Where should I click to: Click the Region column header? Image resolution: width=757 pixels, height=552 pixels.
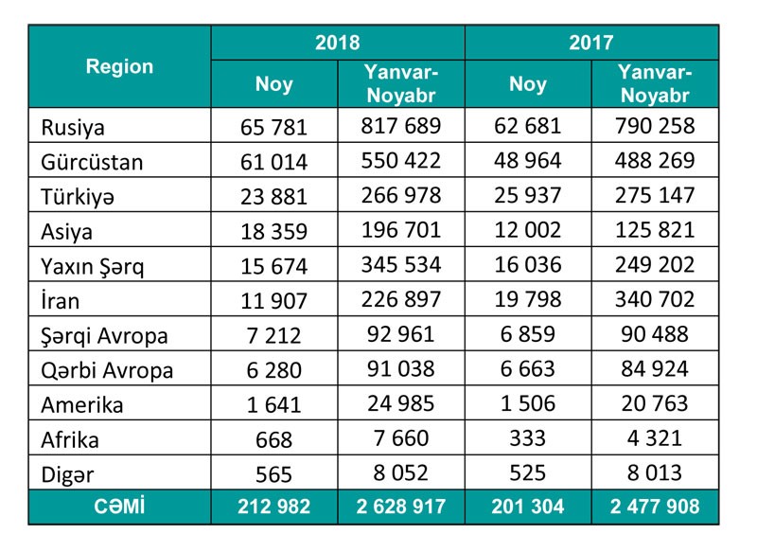click(119, 66)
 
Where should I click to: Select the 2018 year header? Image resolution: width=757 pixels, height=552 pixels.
click(338, 43)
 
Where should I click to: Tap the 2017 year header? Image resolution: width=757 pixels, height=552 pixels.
click(591, 43)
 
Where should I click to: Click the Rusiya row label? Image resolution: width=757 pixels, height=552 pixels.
click(73, 127)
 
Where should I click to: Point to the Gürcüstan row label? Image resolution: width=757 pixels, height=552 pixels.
click(92, 162)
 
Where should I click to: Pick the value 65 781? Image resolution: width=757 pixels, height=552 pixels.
click(274, 127)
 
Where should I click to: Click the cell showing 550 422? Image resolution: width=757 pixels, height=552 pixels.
click(402, 161)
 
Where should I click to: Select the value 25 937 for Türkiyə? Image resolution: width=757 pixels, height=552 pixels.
click(528, 196)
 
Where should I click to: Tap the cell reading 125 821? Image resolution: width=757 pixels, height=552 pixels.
click(656, 230)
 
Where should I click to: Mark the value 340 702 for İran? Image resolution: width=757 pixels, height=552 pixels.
click(656, 300)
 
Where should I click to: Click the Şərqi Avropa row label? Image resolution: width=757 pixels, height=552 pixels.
click(104, 335)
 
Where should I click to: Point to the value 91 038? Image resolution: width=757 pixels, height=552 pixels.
click(402, 369)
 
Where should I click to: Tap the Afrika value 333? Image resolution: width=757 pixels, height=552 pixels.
click(528, 439)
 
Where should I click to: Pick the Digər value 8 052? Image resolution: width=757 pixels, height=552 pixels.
click(402, 473)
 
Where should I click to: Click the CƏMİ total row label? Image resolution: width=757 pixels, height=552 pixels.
click(119, 507)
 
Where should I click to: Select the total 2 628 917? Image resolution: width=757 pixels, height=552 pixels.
click(402, 507)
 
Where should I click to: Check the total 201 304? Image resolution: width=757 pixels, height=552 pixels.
click(528, 507)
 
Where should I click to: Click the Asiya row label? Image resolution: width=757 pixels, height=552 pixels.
click(67, 231)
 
